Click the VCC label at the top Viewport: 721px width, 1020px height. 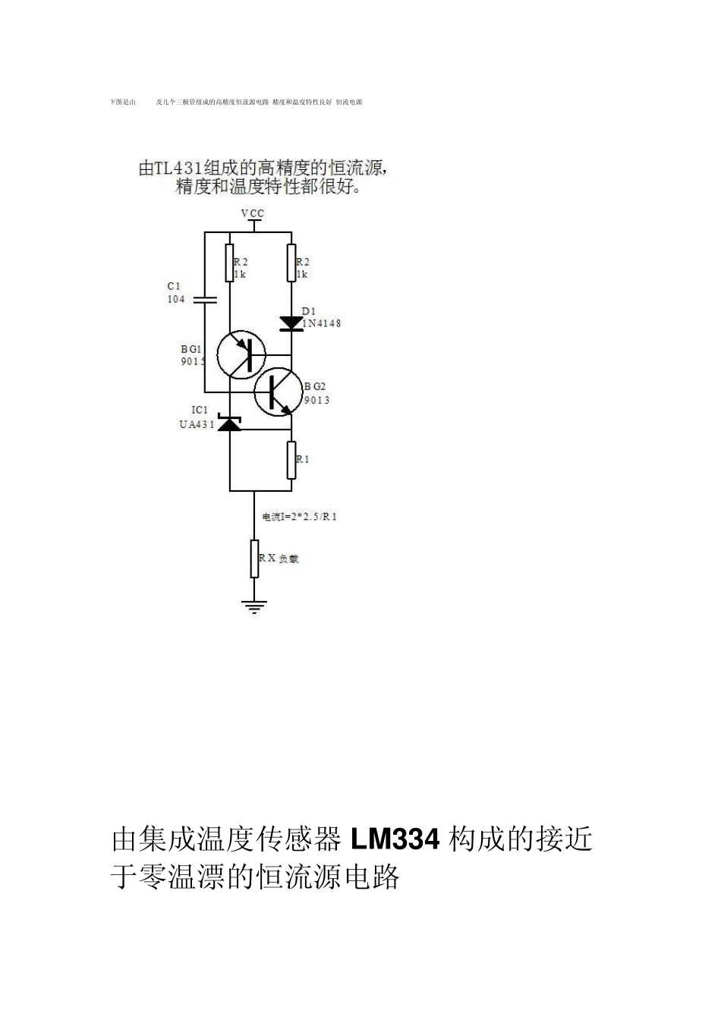[253, 213]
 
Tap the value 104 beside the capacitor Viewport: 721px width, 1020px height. [176, 299]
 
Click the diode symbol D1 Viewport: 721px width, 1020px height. [291, 323]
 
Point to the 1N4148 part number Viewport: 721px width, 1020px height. [321, 323]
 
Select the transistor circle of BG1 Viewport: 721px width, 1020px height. [241, 354]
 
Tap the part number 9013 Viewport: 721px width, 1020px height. [317, 400]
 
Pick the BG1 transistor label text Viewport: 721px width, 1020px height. [192, 349]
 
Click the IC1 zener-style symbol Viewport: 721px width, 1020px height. [229, 423]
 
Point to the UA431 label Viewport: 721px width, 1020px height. [197, 424]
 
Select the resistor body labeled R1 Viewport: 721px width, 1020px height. [291, 460]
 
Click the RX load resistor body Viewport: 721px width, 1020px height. [254, 559]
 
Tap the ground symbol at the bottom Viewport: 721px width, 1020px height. [254, 606]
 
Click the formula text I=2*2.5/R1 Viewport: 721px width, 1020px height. [300, 517]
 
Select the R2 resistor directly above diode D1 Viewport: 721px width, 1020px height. [291, 263]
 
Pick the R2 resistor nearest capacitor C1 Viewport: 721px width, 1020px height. [229, 263]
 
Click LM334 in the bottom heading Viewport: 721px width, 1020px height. [395, 840]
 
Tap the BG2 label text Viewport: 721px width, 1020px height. [315, 386]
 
